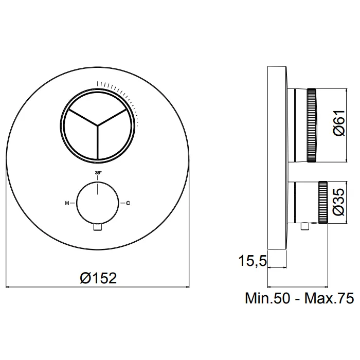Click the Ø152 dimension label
click(98, 278)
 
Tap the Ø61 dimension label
click(339, 123)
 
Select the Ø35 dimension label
click(339, 202)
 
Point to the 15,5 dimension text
click(253, 261)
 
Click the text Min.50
click(268, 298)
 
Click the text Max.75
click(329, 298)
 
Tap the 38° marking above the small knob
click(98, 173)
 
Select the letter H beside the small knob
click(67, 203)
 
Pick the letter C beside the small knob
click(128, 203)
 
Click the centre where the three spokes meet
click(98, 125)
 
